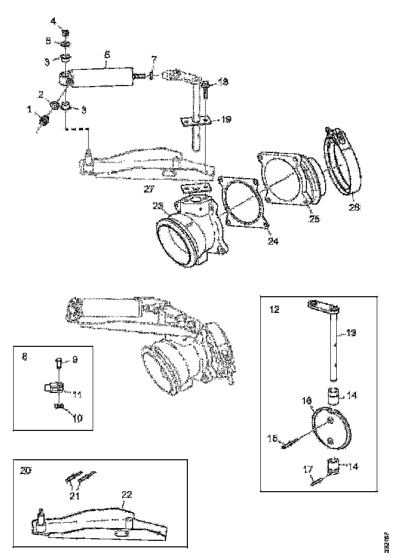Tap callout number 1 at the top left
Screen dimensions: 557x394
coord(29,109)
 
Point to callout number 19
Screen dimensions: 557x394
coord(226,120)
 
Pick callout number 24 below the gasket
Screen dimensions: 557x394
coord(273,242)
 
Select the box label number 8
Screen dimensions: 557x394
coord(25,356)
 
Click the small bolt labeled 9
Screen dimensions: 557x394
coord(58,363)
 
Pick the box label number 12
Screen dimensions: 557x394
coord(274,309)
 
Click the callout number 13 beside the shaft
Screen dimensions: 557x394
coord(351,333)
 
